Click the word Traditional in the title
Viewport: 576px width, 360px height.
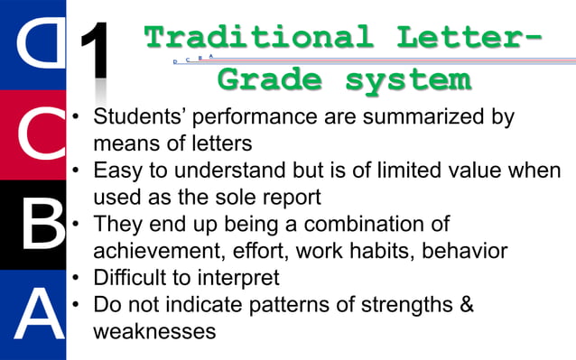click(257, 38)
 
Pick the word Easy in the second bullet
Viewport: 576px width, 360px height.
click(124, 171)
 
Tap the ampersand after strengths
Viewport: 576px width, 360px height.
click(467, 303)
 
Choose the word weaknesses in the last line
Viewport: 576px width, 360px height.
click(154, 330)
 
